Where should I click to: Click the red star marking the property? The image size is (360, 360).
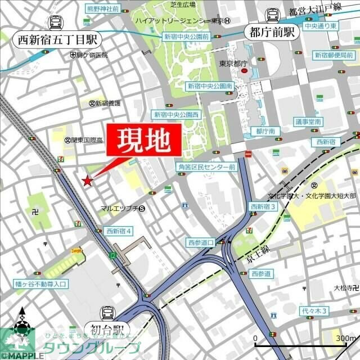point(87,181)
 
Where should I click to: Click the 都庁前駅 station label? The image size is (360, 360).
point(272,33)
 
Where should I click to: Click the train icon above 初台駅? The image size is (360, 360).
point(107,313)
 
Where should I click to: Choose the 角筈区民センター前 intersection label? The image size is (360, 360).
point(206,168)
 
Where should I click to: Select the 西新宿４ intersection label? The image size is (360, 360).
point(118,231)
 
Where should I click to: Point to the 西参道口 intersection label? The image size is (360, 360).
point(201,242)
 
